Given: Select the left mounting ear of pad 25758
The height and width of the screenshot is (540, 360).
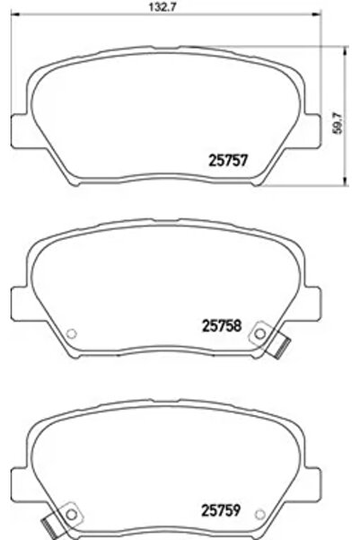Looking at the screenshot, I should (18, 299).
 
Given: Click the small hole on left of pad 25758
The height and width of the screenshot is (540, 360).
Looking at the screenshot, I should (73, 334).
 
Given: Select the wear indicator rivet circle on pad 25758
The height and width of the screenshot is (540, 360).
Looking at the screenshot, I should (260, 333).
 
